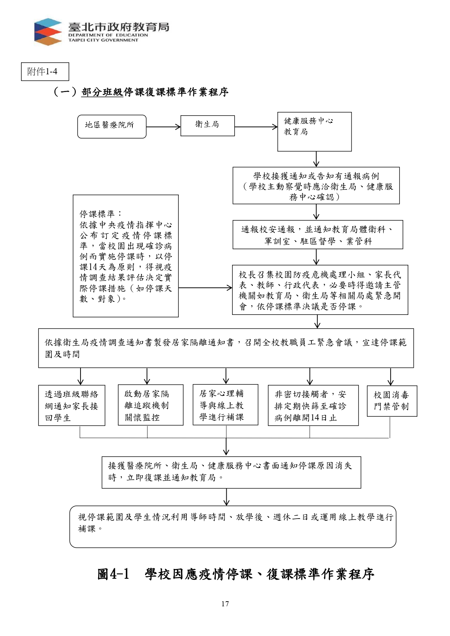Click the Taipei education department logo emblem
click(48, 32)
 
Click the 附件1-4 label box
click(45, 72)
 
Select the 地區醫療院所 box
click(112, 126)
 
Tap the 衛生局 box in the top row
click(207, 126)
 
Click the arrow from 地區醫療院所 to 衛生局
click(164, 127)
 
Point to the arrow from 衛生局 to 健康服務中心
click(256, 127)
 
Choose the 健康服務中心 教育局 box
click(314, 132)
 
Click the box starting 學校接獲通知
click(316, 186)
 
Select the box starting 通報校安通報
click(318, 234)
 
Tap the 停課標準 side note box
click(126, 256)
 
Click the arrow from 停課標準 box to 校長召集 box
click(206, 288)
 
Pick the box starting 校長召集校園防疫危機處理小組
click(320, 290)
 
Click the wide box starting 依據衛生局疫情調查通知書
click(226, 348)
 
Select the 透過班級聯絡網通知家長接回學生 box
click(72, 405)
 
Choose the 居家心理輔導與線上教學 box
click(226, 404)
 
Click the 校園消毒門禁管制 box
click(392, 401)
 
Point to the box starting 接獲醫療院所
click(231, 472)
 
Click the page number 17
click(225, 604)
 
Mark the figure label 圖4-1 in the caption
click(113, 574)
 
